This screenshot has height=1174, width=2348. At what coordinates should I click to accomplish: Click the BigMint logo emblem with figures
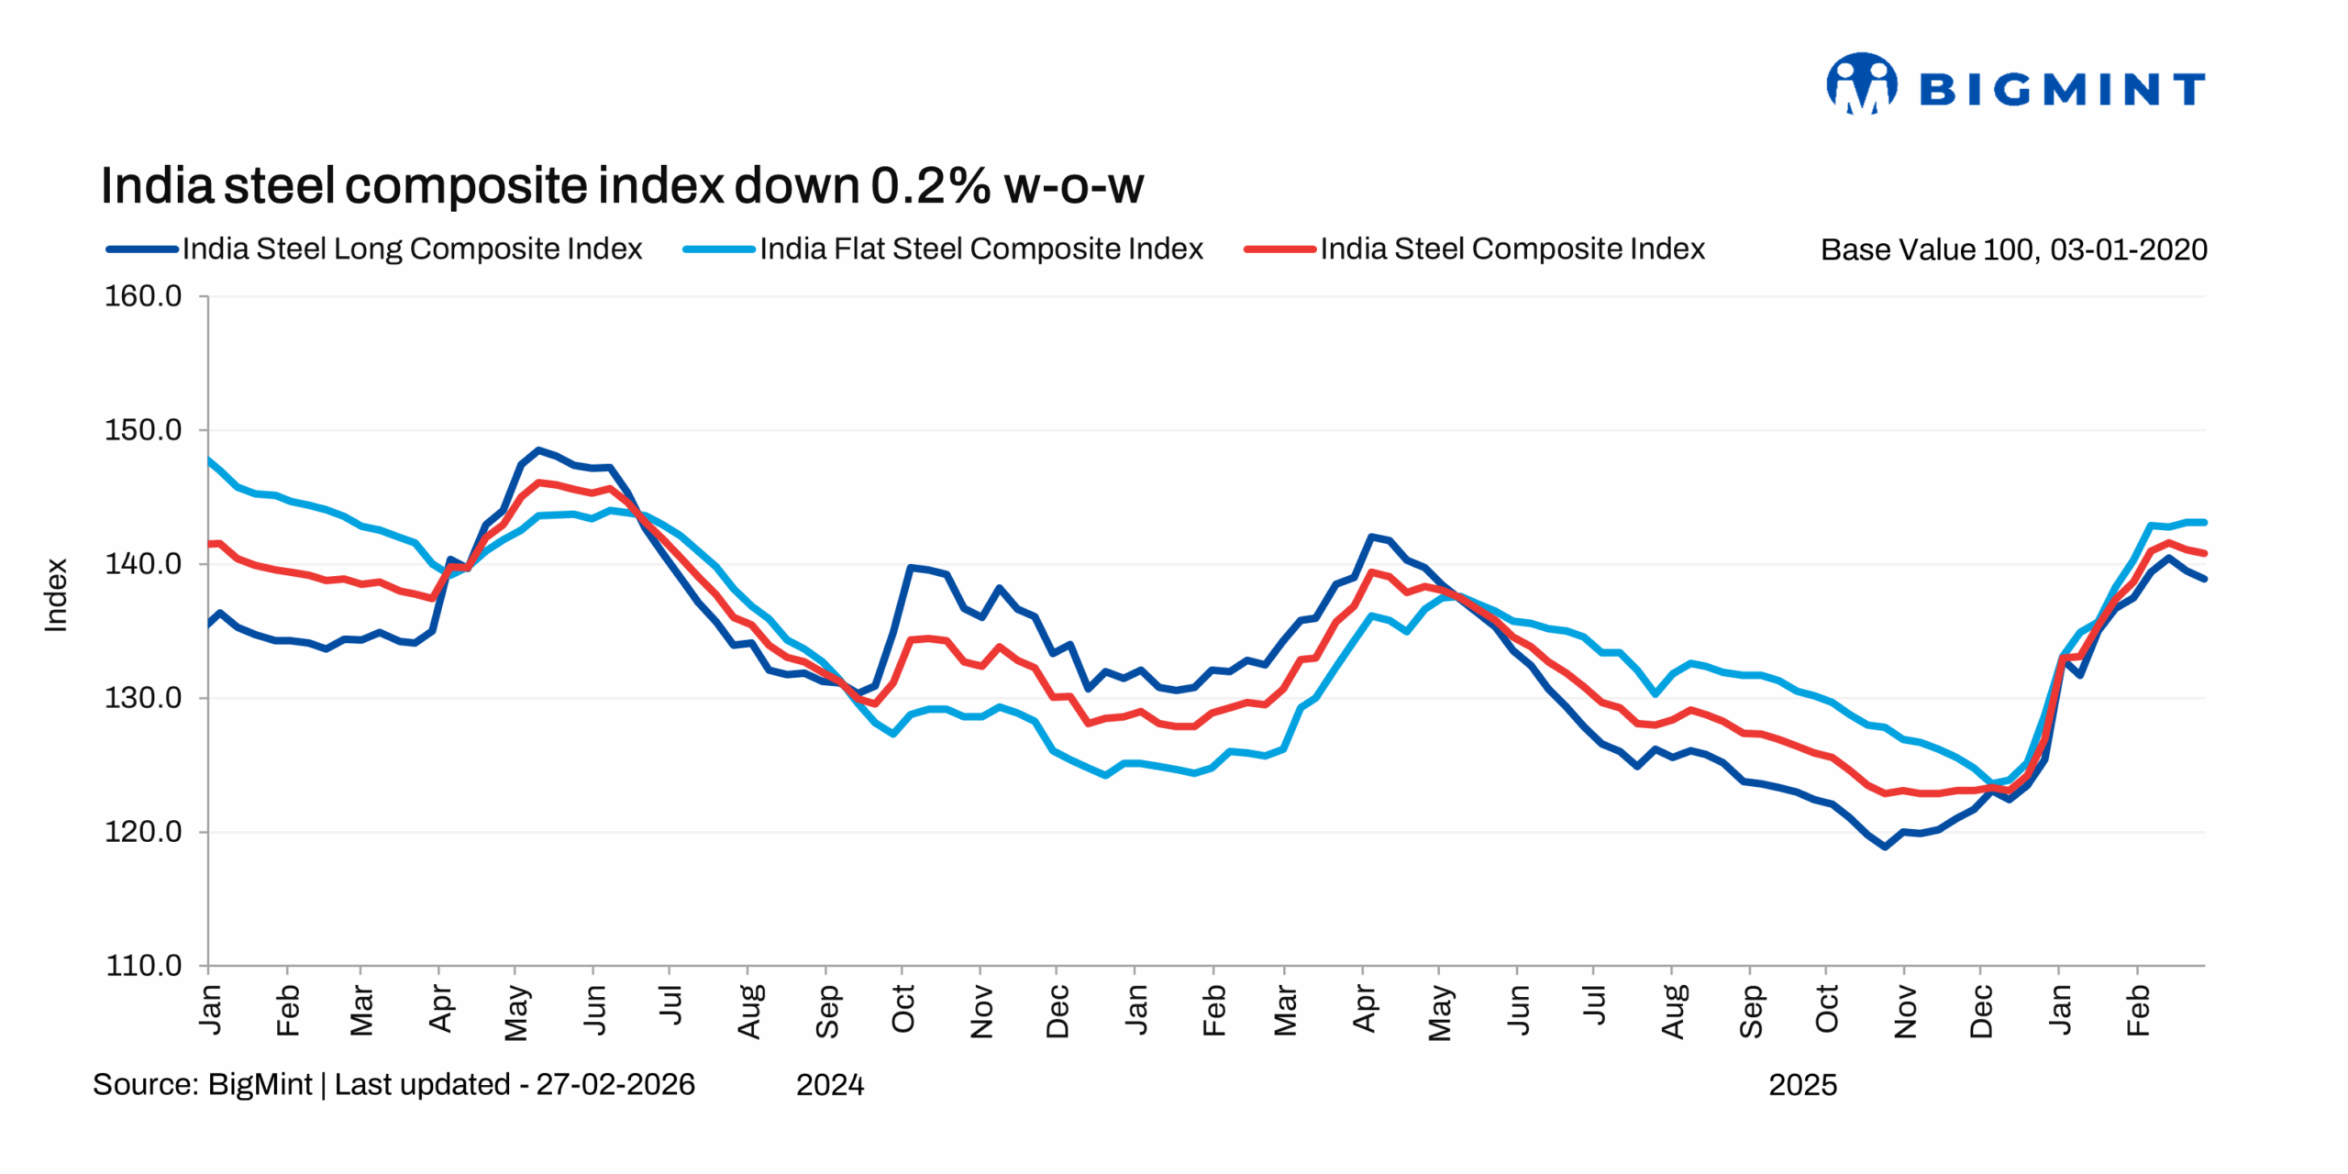coord(1861,83)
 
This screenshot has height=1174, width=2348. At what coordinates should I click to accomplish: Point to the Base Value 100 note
coord(2013,249)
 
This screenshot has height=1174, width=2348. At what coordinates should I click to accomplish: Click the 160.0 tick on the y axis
coord(143,296)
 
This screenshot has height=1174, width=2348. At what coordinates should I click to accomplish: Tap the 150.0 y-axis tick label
coord(143,430)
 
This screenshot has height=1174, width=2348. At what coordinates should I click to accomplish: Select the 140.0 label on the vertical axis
coord(143,564)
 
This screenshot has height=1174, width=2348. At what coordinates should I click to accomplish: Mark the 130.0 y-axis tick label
coord(143,698)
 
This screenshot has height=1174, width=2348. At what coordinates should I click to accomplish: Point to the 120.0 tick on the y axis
coord(143,832)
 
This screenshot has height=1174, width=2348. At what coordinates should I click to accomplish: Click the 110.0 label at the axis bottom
coord(143,966)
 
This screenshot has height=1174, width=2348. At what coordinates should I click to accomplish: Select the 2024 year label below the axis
coord(829,1085)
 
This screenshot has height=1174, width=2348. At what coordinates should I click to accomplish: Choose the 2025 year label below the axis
coord(1802,1085)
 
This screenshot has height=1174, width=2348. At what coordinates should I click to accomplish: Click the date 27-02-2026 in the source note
coord(615,1084)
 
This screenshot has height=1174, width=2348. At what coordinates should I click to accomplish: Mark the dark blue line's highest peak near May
coord(538,450)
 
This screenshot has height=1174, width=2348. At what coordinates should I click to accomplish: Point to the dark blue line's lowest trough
coord(1885,847)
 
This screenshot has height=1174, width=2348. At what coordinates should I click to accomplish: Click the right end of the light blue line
coord(2203,523)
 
